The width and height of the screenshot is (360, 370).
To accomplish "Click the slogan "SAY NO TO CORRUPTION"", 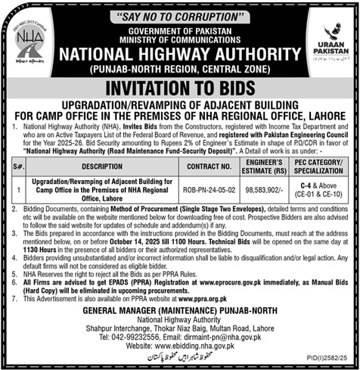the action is [179, 14].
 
